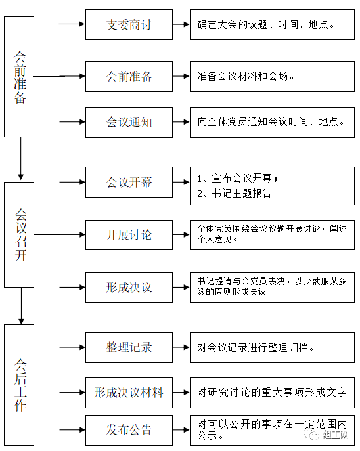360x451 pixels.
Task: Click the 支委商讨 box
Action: (129, 25)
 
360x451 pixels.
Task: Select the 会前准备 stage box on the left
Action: (19, 77)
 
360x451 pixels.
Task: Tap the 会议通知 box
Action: (129, 122)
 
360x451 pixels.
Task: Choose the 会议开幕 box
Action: (129, 182)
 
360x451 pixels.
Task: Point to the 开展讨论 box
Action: (129, 235)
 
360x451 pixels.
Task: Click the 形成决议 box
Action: (129, 288)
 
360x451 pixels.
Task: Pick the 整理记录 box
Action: (129, 347)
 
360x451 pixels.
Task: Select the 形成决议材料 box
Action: (129, 393)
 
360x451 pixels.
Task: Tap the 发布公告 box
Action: (129, 430)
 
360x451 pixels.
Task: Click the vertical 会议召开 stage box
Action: (19, 235)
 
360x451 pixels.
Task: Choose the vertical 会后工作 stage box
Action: (19, 385)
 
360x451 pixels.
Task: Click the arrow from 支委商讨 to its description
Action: (181, 25)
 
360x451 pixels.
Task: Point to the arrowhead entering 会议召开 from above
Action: (21, 177)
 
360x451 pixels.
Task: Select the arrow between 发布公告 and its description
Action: (181, 430)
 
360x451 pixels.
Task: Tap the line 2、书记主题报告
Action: (238, 193)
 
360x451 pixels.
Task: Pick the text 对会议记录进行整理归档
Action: (256, 347)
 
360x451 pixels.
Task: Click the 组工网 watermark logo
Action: (326, 435)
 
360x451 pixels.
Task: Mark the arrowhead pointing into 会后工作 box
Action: (21, 321)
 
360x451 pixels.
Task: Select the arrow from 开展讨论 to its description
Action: (181, 235)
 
